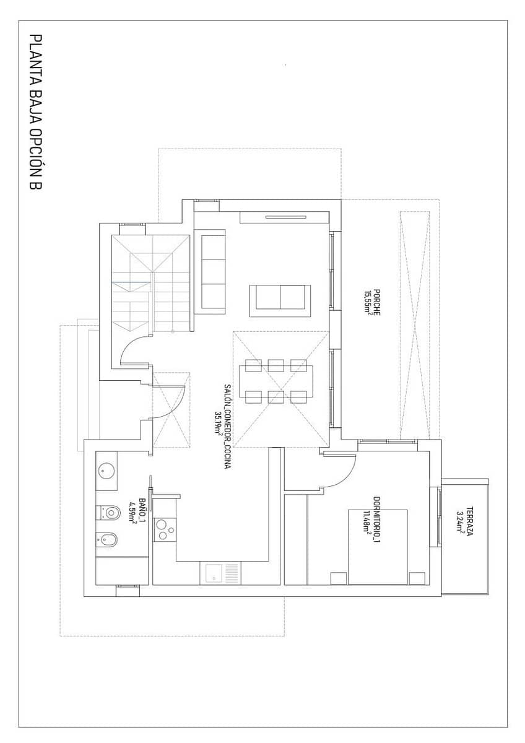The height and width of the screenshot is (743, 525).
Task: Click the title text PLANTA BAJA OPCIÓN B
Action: click(x=35, y=111)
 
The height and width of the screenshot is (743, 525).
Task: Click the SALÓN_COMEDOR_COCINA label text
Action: click(x=227, y=425)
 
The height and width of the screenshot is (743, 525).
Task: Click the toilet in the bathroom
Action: click(x=109, y=512)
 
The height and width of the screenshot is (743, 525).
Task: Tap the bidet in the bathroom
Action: click(x=108, y=540)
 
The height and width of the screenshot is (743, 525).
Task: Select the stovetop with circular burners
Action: click(x=164, y=529)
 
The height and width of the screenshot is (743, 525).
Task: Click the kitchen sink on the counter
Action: click(x=214, y=573)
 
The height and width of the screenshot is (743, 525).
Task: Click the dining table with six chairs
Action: click(x=276, y=381)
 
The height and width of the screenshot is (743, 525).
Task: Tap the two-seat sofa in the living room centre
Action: click(x=280, y=297)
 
